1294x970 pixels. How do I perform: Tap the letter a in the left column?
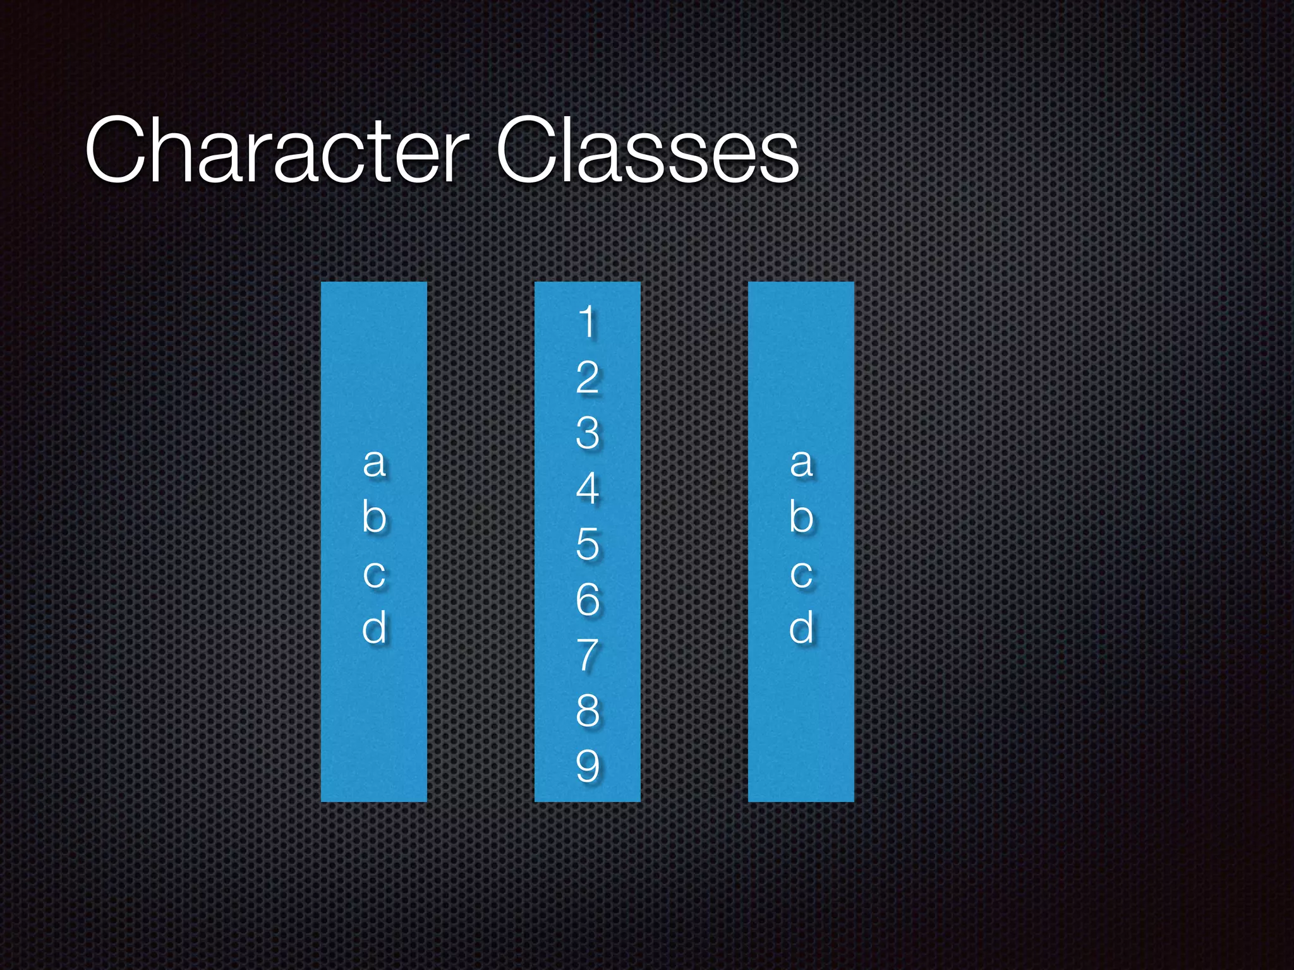pos(374,462)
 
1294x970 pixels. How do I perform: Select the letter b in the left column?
pos(374,517)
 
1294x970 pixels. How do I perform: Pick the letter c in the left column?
pos(374,573)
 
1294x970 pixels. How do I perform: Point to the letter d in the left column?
pos(374,628)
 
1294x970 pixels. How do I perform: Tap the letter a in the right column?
pos(801,462)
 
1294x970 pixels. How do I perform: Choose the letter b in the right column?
pos(801,517)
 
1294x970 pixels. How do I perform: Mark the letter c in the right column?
pos(801,573)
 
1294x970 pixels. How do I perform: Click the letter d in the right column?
pos(801,628)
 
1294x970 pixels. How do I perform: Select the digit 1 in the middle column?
pos(588,321)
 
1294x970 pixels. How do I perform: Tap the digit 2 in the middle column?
pos(588,377)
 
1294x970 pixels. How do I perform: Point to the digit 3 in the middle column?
pos(588,433)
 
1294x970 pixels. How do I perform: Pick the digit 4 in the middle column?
pos(588,488)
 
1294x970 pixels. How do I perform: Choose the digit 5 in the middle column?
pos(588,544)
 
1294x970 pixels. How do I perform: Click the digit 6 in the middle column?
pos(588,599)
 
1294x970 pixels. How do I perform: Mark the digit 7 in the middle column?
pos(588,655)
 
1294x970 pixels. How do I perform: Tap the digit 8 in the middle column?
pos(588,710)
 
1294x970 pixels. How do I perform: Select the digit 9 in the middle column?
pos(588,766)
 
